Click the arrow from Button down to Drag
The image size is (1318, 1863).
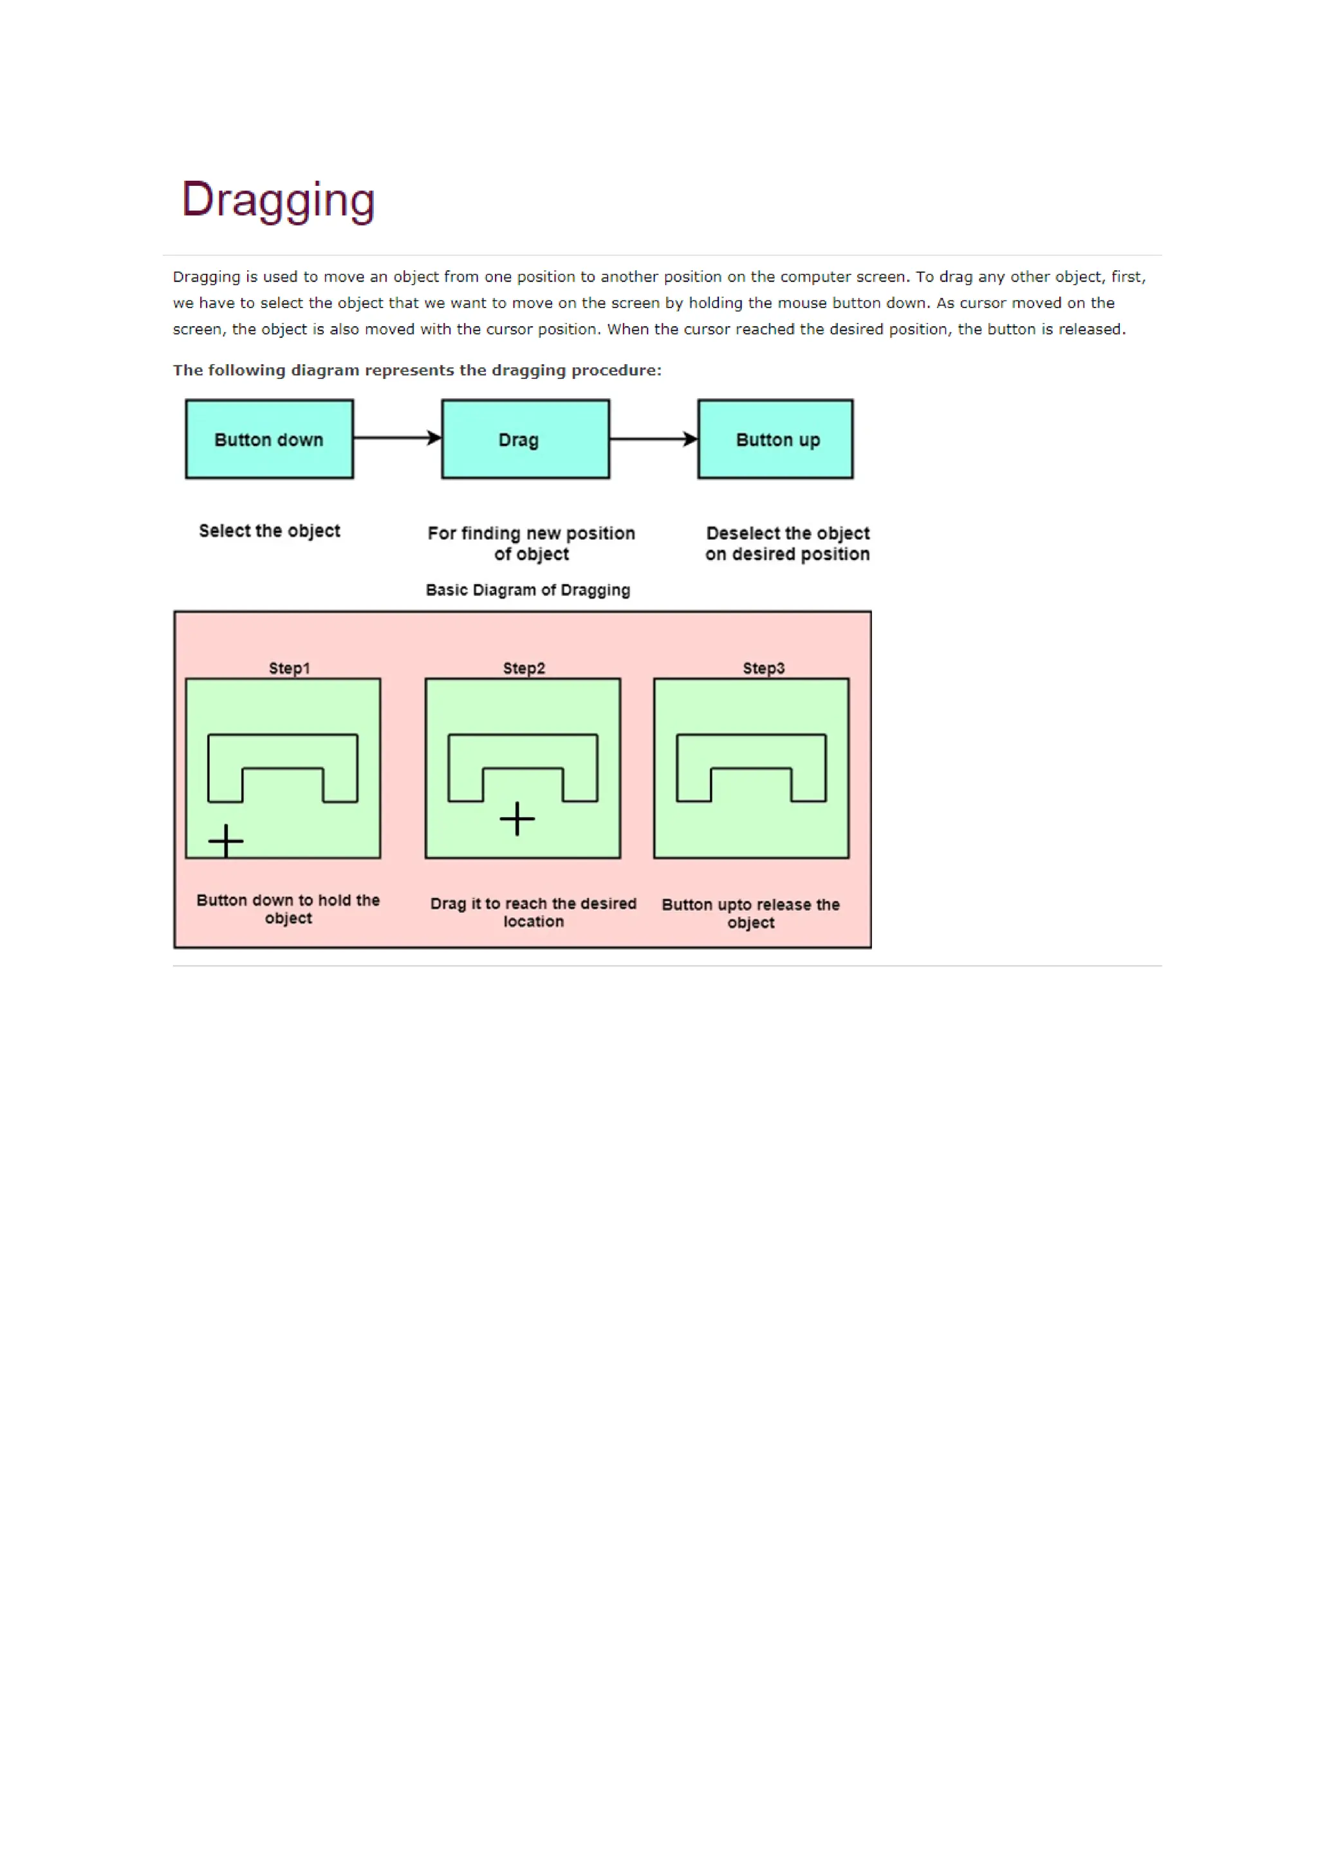pos(397,438)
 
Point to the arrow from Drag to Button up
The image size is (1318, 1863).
pos(653,439)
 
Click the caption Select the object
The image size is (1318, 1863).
pos(270,531)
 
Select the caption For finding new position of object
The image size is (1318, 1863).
pos(532,544)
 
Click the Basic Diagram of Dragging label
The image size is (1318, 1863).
pos(528,590)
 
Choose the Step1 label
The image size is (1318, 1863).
pos(289,668)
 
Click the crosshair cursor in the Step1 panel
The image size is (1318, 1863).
pos(226,841)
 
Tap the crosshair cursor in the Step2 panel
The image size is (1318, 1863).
pos(517,819)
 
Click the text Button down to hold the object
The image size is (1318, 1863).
pos(288,909)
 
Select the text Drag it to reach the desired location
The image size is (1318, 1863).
pos(534,912)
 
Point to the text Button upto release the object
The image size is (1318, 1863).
pos(751,913)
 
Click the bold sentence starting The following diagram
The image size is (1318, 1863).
pos(417,370)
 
